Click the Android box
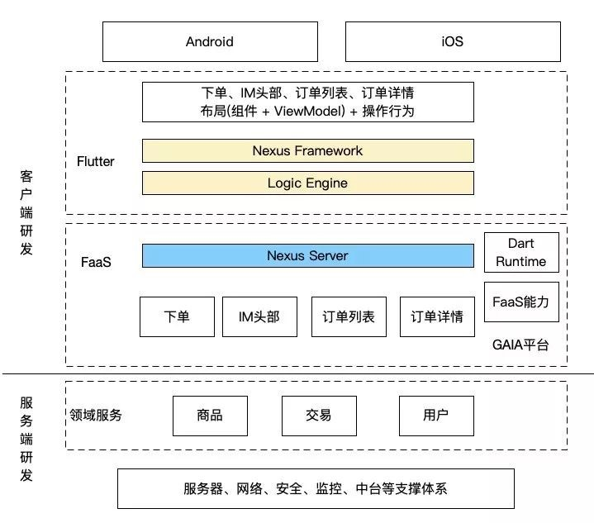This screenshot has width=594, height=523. coord(209,41)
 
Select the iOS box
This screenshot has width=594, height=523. coord(452,41)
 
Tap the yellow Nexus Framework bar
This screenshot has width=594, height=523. coord(307,150)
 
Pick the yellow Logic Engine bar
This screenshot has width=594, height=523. coord(307,183)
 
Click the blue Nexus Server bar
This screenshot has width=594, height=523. coord(307,255)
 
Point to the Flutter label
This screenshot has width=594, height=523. coord(95,161)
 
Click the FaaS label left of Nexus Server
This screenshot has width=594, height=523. coord(97,262)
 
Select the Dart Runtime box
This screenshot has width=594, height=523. coord(520,252)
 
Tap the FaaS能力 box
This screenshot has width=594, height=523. coord(520,302)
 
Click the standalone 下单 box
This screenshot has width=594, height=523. coord(177,316)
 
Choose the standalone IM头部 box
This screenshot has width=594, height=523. coord(259,316)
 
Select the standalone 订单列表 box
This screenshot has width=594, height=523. coord(348,316)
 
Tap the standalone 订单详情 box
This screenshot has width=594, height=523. coord(436,316)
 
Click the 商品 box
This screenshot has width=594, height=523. coord(210,415)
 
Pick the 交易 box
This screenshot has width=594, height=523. coord(318,415)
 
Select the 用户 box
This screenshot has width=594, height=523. coord(435,415)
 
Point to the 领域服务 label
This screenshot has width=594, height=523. coord(96,415)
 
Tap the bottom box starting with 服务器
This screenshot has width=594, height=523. coord(315,488)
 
